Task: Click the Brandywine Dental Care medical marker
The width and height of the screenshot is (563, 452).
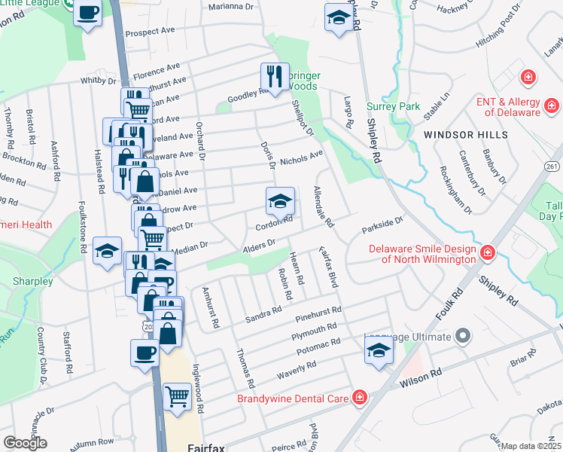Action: (360, 397)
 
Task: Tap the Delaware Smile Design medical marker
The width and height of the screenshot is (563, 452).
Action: (487, 251)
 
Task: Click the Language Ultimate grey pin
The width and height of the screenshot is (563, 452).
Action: (462, 335)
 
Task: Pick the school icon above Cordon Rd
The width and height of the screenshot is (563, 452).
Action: (279, 200)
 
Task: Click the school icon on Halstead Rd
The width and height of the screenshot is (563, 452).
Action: (107, 250)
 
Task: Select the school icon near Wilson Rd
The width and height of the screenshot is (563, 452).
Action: (379, 349)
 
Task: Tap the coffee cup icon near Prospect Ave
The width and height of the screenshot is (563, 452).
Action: (88, 13)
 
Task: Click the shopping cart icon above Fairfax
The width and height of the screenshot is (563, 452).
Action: (177, 395)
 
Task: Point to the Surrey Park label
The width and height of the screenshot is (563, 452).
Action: (393, 107)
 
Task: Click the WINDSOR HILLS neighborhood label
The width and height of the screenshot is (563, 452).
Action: (465, 135)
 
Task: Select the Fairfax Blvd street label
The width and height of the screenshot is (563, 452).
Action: (330, 268)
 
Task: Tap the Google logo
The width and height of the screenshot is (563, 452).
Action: (25, 443)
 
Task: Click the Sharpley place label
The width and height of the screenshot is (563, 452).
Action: (32, 282)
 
